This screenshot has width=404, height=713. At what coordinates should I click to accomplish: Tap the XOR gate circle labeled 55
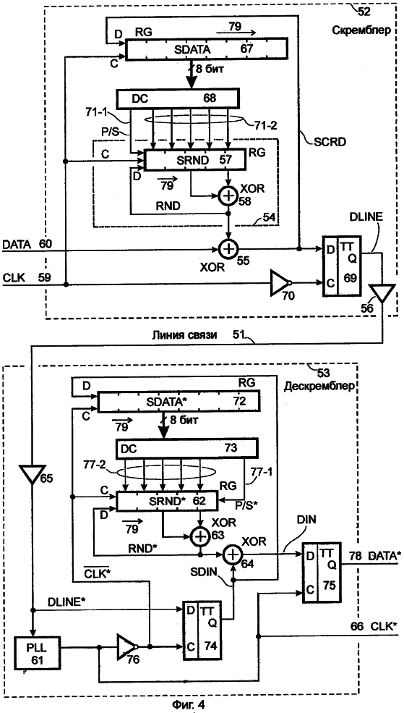[227, 249]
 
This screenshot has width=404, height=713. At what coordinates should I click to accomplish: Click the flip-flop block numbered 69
[342, 266]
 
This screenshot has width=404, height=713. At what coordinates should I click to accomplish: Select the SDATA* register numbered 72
[178, 402]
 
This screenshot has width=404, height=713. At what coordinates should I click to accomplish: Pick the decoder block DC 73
[186, 449]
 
